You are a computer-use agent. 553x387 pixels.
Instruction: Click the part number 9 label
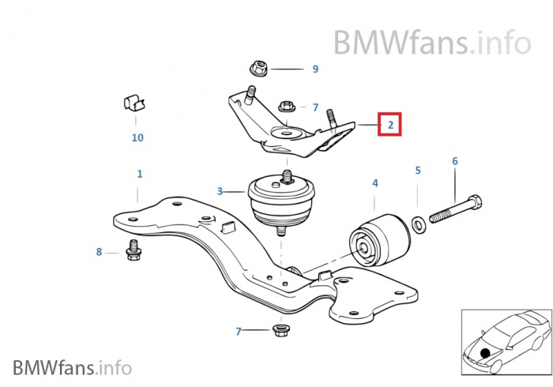click(x=315, y=70)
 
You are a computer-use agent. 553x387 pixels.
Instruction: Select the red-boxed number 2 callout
click(x=389, y=124)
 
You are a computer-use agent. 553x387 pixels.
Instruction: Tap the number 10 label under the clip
click(x=137, y=137)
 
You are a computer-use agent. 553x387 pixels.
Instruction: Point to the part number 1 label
click(x=140, y=173)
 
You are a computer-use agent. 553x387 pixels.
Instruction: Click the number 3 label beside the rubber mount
click(x=220, y=190)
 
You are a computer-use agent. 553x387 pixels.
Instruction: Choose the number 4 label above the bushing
click(x=375, y=183)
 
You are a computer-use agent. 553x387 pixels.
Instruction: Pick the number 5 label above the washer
click(x=418, y=170)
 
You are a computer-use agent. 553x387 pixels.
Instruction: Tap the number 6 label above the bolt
click(x=455, y=161)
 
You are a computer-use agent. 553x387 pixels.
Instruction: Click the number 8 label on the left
click(x=99, y=252)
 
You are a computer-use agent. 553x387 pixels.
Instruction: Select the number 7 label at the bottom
click(x=239, y=331)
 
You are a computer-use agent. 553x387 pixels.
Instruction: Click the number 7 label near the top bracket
click(x=314, y=107)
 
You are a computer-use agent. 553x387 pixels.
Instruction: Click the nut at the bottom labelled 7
click(x=280, y=329)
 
